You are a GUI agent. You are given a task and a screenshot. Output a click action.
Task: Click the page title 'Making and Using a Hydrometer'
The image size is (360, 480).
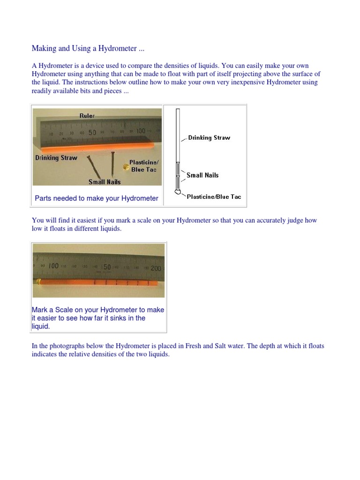[x=84, y=48]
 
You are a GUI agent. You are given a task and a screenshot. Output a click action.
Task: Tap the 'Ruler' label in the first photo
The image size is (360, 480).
[x=87, y=115]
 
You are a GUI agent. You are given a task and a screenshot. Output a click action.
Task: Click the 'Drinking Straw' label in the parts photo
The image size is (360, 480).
[x=56, y=158]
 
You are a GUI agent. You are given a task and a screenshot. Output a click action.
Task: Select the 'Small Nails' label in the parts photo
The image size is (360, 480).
[x=105, y=182]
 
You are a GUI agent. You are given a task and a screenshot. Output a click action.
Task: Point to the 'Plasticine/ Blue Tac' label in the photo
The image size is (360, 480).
[x=142, y=166]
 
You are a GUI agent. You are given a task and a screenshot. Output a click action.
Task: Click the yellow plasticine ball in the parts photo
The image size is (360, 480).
[x=124, y=166]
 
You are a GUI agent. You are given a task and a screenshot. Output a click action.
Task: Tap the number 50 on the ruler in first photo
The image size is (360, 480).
[x=92, y=133]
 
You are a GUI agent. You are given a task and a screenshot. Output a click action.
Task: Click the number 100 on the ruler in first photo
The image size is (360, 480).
[x=141, y=132]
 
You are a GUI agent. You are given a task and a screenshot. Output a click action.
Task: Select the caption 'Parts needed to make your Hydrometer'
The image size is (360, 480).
[x=97, y=198]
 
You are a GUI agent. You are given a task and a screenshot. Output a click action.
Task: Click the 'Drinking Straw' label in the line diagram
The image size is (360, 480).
[x=209, y=138]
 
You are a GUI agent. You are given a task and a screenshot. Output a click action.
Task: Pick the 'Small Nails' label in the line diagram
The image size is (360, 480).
[x=202, y=175]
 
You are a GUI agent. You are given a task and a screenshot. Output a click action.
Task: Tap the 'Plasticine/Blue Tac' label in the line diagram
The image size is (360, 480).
[x=214, y=197]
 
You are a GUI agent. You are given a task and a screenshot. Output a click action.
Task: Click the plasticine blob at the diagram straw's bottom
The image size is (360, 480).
[x=177, y=192]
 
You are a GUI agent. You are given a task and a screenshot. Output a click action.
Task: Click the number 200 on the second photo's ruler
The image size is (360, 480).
[x=155, y=268]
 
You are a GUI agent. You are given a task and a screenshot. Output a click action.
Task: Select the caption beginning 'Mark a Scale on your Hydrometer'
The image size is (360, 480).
[x=97, y=318]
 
